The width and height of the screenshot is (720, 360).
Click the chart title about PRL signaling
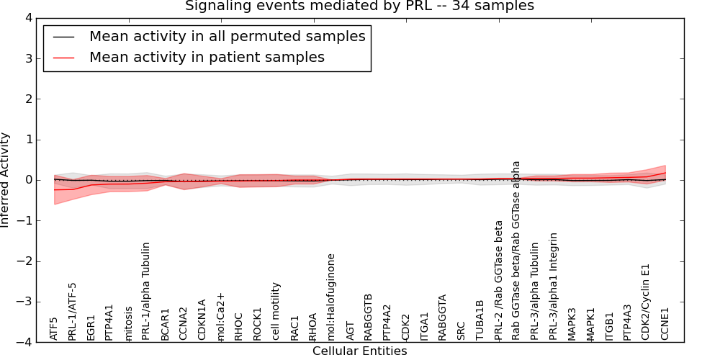359,6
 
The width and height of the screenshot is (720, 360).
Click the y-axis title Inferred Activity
6,180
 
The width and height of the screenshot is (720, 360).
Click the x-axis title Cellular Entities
359,351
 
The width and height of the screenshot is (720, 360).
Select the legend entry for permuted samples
227,36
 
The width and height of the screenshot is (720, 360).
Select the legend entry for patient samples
207,57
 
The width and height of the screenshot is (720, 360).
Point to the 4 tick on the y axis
34,18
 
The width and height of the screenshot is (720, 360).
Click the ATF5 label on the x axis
54,328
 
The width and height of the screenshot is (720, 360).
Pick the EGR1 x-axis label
91,327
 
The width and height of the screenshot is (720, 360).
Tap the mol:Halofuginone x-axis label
331,297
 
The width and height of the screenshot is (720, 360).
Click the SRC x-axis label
461,330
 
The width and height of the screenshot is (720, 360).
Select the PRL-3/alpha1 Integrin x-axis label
554,286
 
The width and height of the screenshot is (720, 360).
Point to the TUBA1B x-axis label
480,321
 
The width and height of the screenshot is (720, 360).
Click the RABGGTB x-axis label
368,317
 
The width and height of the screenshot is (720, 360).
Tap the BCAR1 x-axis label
165,324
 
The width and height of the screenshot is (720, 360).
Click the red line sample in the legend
63,57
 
